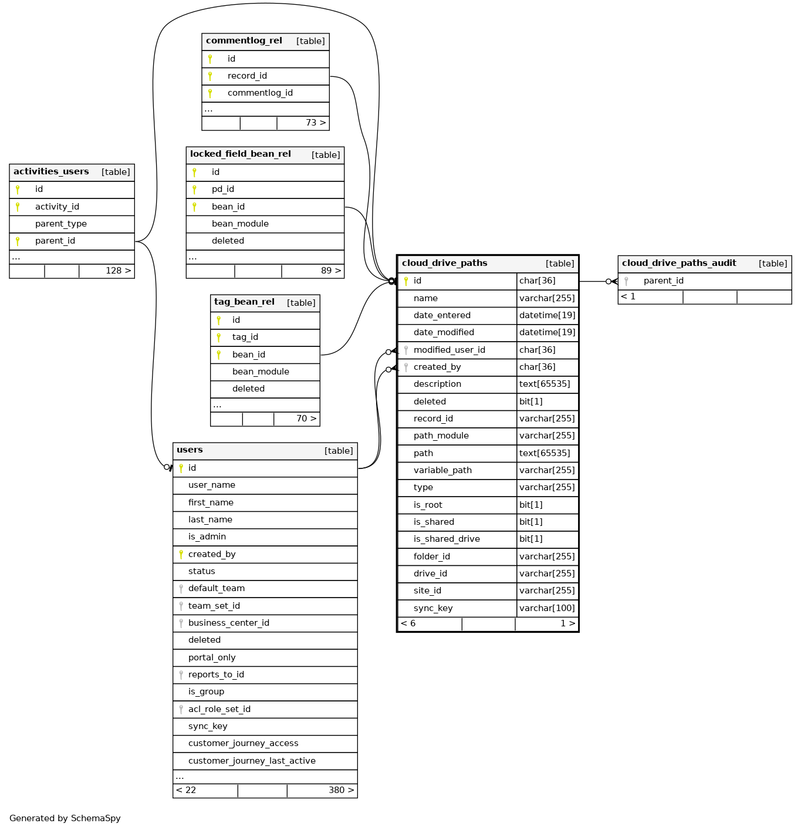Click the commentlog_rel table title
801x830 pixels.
[x=244, y=41]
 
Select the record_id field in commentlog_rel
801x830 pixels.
[x=247, y=76]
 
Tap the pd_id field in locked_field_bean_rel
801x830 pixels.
[x=223, y=189]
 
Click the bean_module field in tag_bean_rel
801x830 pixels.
[x=261, y=372]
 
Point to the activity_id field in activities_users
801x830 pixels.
[x=57, y=207]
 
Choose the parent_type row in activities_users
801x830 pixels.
[x=61, y=224]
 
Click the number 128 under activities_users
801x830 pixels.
[x=114, y=271]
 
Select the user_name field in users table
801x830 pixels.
[x=212, y=485]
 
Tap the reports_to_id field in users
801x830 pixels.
[x=216, y=674]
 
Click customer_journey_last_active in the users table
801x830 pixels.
[x=252, y=761]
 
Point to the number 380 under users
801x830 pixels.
[x=337, y=790]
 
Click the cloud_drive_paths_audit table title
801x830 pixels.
[x=679, y=264]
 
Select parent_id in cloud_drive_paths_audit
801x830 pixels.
[x=664, y=281]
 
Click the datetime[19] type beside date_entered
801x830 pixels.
[x=547, y=315]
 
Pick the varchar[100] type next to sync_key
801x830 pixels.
[x=547, y=608]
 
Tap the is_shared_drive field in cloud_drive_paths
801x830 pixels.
[x=447, y=539]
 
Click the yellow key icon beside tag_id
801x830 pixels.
[x=219, y=338]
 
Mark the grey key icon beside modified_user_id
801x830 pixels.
[x=406, y=350]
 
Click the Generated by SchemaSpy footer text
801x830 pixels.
[x=65, y=818]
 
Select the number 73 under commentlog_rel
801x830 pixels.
[x=312, y=123]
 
